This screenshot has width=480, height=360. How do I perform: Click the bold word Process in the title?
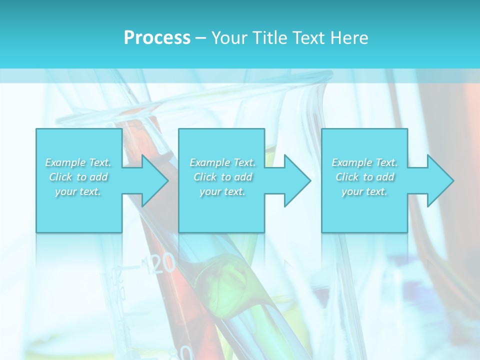157,38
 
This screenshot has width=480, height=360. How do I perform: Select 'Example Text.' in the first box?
78,162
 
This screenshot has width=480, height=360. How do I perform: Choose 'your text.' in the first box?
78,191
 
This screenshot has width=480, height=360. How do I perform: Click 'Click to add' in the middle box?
222,177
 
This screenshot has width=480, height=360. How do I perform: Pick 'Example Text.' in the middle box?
222,162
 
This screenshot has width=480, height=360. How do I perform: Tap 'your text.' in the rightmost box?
364,191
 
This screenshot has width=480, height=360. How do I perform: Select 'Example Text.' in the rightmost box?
364,162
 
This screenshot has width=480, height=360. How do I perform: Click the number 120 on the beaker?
159,263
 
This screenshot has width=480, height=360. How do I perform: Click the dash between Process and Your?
200,38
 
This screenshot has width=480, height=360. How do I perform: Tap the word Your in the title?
228,38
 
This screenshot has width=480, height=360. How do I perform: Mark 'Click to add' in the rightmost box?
364,177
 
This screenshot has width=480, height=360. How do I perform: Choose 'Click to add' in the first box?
78,177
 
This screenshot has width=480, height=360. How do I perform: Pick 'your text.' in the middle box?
222,191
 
